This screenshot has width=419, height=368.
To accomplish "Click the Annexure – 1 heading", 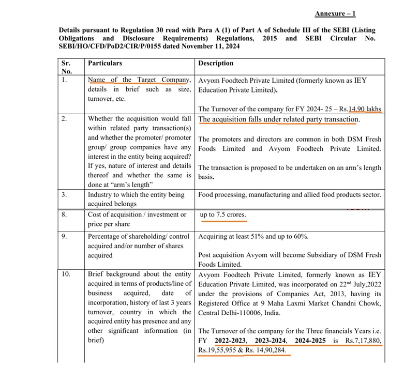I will pos(335,14).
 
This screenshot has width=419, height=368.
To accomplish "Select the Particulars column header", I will pos(105,63).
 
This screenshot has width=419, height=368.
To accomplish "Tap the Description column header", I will pos(216,63).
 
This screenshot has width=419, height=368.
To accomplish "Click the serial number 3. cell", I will pos(64,195).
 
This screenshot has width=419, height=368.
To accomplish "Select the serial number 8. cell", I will pos(64,214).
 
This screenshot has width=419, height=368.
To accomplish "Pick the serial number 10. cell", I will pos(66,274).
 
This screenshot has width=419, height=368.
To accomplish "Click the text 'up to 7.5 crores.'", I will pos(223,214).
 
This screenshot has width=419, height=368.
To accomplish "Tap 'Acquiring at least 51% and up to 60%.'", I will pos(253,237).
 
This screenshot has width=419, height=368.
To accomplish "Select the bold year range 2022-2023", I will pos(231,341).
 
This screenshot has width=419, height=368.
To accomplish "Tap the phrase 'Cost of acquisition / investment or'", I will pos(137,214).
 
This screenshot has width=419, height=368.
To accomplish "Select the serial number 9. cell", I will pos(64,237).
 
